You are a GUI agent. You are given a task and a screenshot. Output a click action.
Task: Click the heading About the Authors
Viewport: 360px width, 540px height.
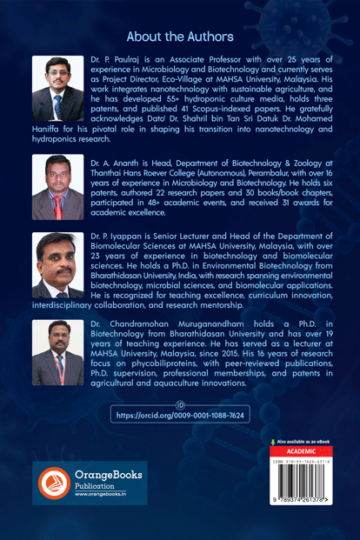(x=180, y=37)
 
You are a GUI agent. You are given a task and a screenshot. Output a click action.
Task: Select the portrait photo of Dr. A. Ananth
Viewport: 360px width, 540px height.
(x=57, y=187)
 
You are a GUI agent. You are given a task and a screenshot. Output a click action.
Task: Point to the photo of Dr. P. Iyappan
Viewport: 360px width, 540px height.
(x=57, y=265)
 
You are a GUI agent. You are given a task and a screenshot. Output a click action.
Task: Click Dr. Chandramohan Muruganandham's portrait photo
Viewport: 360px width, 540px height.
(x=57, y=353)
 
